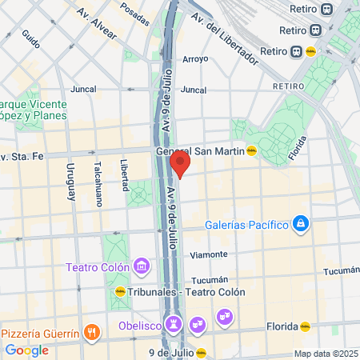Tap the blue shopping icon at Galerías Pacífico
(x=300, y=223)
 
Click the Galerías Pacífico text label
(x=246, y=225)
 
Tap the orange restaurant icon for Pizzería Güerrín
(x=92, y=332)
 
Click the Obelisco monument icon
(x=172, y=325)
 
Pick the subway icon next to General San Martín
(x=251, y=150)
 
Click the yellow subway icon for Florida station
(x=305, y=326)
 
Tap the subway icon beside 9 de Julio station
(x=202, y=353)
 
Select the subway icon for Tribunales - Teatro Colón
(x=120, y=293)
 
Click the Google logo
(x=26, y=350)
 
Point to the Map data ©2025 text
(x=326, y=354)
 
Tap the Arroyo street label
(x=195, y=59)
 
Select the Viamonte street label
(x=209, y=254)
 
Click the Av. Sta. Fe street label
(x=23, y=156)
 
